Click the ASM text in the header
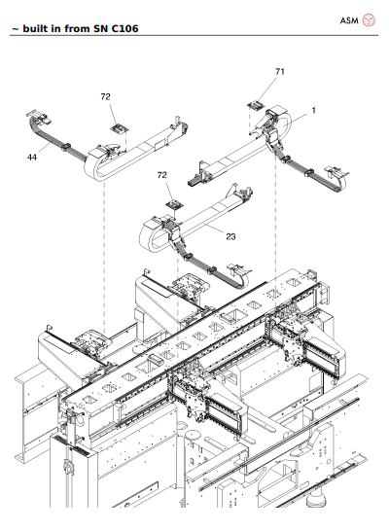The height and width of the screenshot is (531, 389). click(x=349, y=18)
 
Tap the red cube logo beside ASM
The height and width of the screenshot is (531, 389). click(x=370, y=18)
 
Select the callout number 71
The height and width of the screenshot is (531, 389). click(x=280, y=72)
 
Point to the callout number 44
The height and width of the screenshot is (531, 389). click(x=33, y=156)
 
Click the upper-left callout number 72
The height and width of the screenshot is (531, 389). click(x=106, y=97)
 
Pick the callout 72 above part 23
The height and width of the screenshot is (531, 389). click(x=163, y=174)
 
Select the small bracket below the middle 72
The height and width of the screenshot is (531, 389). click(x=175, y=202)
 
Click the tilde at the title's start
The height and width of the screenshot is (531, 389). click(x=13, y=29)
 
